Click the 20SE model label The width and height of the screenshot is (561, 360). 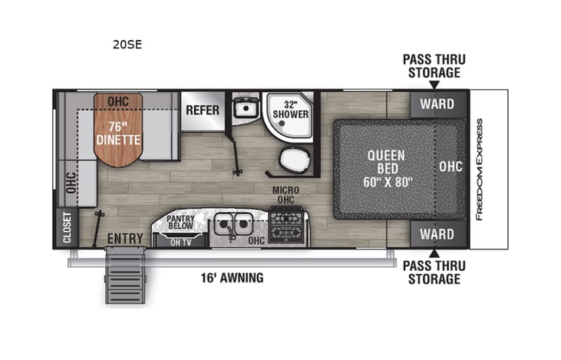(127, 44)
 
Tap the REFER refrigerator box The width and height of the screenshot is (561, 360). (203, 110)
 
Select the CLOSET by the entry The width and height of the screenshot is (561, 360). (66, 228)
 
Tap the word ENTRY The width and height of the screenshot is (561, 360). (125, 239)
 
